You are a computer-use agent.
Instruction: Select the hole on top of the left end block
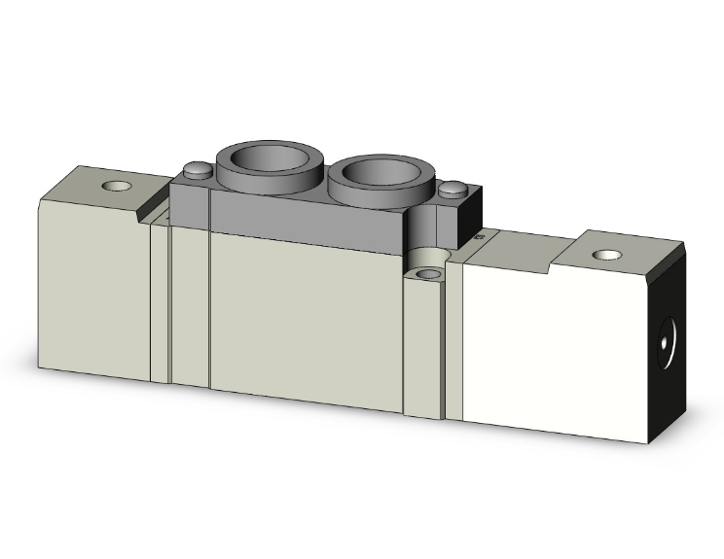click(x=120, y=185)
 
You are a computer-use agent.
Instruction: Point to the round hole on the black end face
click(x=666, y=341)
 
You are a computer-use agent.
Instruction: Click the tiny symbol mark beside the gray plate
click(x=478, y=235)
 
